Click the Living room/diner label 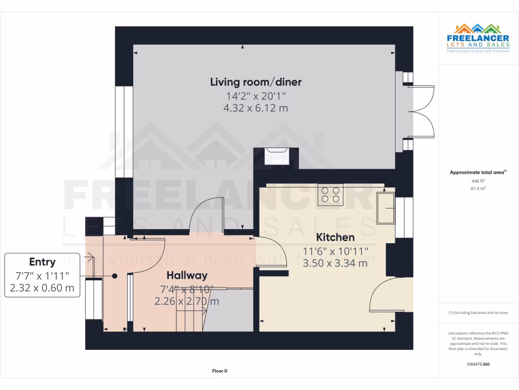click(256, 82)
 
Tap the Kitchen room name click(335, 237)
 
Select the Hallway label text click(187, 276)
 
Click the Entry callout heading click(42, 262)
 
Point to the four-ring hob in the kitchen click(330, 194)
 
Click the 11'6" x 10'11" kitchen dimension click(335, 251)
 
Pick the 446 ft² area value click(478, 180)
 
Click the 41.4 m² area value click(478, 188)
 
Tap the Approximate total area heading click(478, 173)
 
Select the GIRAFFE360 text click(478, 364)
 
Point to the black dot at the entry click(115, 276)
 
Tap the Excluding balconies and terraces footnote click(478, 313)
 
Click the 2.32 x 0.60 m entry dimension click(42, 288)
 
